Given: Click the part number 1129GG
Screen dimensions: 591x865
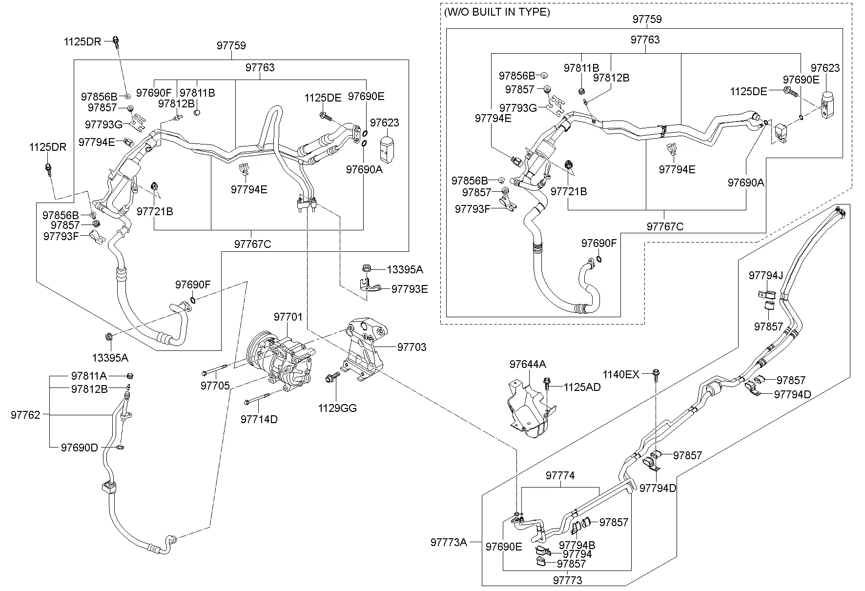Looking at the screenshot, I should [337, 408].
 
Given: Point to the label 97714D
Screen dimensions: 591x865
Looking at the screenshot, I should [259, 419].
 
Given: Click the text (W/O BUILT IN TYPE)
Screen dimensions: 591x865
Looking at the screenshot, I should [497, 12].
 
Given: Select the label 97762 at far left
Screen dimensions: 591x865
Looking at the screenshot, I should [25, 415].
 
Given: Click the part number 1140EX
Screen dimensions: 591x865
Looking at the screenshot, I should [620, 374].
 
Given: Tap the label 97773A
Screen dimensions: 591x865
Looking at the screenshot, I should [449, 542].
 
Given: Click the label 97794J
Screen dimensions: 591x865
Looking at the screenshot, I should [765, 276].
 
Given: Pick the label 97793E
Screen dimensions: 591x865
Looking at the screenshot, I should [410, 289].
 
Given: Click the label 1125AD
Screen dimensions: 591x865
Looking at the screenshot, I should [582, 387].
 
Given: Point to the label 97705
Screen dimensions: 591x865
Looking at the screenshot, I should [215, 386].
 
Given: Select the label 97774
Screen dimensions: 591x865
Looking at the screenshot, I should [560, 475].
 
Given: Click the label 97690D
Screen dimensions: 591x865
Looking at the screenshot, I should [79, 448].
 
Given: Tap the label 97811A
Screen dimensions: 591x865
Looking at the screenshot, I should [89, 376].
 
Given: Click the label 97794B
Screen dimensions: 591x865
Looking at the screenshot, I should [577, 545].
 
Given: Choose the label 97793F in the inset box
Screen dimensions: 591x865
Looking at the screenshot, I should [472, 209].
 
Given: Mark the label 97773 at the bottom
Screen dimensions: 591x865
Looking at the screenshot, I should [568, 581].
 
